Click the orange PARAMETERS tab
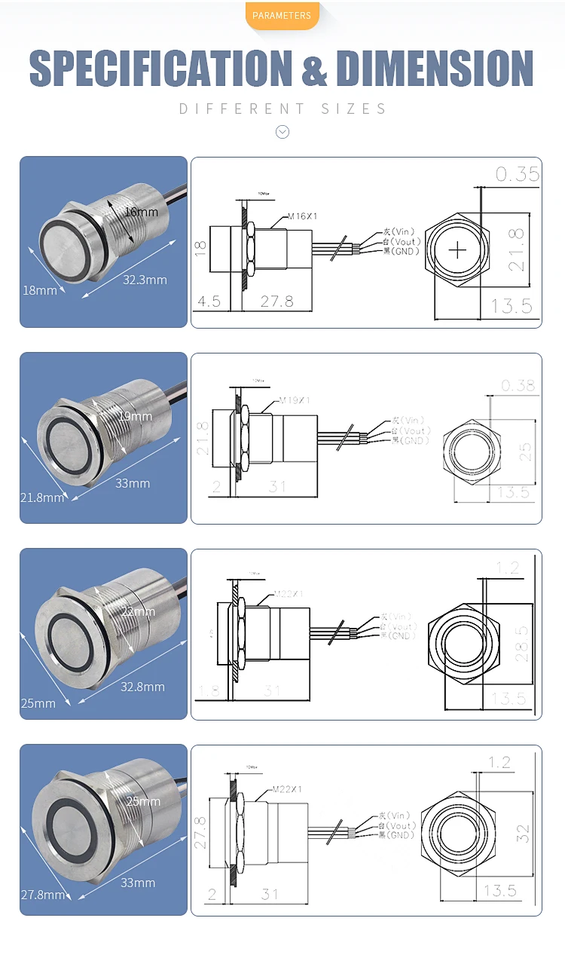pyautogui.click(x=282, y=15)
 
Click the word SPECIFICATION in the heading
pyautogui.click(x=160, y=69)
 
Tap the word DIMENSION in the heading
pyautogui.click(x=435, y=69)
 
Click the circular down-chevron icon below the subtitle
pyautogui.click(x=282, y=132)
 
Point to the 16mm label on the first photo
pyautogui.click(x=142, y=212)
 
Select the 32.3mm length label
pyautogui.click(x=145, y=280)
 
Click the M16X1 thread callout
pyautogui.click(x=301, y=216)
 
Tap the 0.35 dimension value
pyautogui.click(x=518, y=174)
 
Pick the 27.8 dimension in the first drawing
pyautogui.click(x=276, y=301)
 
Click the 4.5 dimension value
pyautogui.click(x=209, y=301)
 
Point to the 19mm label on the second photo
pyautogui.click(x=136, y=416)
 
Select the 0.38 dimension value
pyautogui.click(x=518, y=386)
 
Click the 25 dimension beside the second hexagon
pyautogui.click(x=525, y=451)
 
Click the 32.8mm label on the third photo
pyautogui.click(x=142, y=687)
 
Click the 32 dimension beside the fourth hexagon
pyautogui.click(x=523, y=834)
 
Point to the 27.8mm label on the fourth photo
pyautogui.click(x=43, y=895)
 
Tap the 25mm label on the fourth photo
pyautogui.click(x=143, y=801)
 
